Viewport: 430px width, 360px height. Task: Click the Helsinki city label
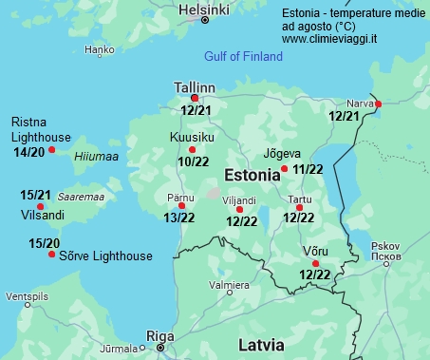point(203,9)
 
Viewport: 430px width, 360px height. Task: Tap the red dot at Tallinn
point(195,98)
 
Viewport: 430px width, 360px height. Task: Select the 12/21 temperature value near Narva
point(344,116)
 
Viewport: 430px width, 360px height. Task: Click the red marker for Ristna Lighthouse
point(52,150)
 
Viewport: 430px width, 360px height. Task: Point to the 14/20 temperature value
point(28,152)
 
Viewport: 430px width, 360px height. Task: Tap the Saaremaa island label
point(81,197)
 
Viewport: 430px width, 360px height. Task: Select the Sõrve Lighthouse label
point(105,256)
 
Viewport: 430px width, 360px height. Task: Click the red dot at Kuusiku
point(193,150)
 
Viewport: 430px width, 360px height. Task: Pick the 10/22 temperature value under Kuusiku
point(193,162)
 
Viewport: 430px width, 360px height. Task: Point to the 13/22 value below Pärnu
point(179,218)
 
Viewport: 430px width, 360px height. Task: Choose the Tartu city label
point(299,201)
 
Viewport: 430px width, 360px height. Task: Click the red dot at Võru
point(315,263)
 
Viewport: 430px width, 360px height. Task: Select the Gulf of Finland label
point(243,57)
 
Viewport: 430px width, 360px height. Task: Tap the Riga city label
point(159,335)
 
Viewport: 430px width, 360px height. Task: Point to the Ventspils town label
point(26,297)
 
